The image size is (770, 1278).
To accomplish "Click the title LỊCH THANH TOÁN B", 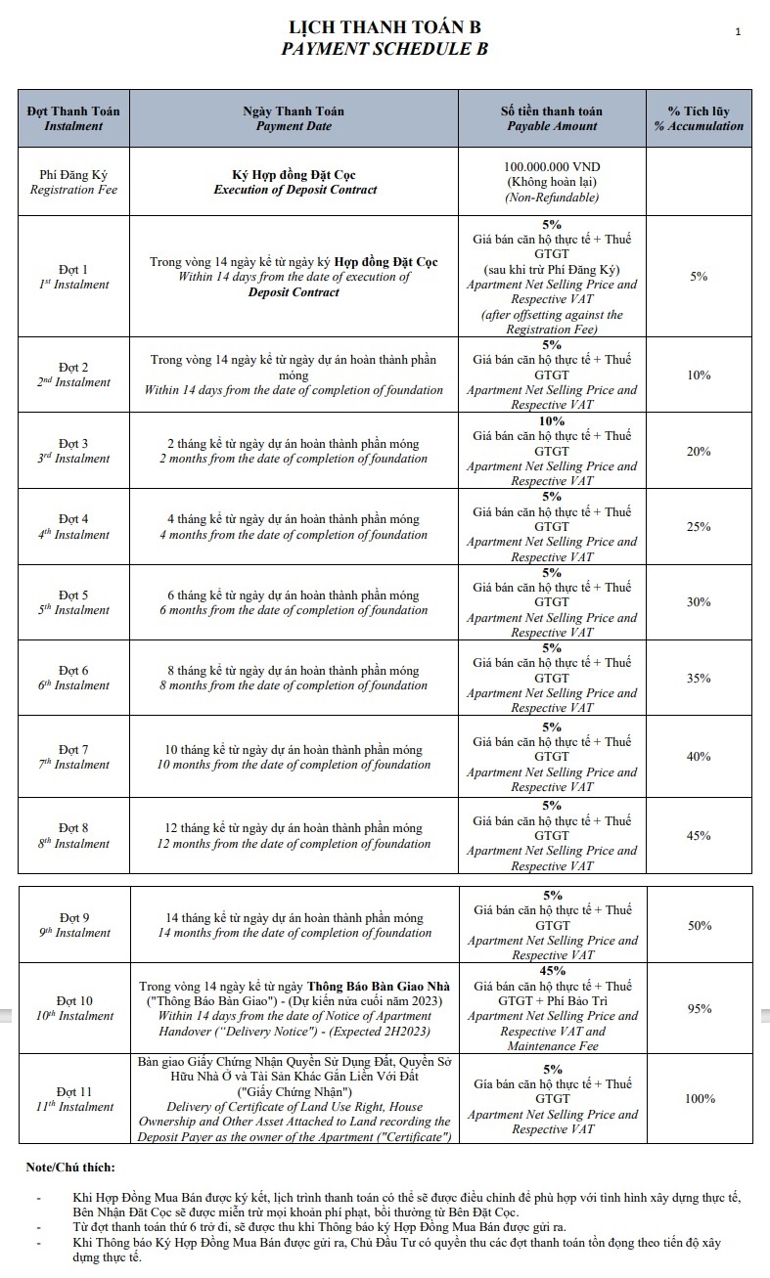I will (385, 27).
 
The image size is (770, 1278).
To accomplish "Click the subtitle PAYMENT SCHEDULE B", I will (385, 48).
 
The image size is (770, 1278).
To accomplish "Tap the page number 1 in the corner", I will (738, 32).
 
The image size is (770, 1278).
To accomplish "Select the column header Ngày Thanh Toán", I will (294, 111).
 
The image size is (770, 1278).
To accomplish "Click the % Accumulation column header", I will (699, 126).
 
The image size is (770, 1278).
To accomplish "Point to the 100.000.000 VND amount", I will (552, 167).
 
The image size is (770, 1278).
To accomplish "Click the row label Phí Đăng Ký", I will (73, 174).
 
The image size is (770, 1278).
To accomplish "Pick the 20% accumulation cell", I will (699, 451).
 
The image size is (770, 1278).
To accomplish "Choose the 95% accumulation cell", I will (699, 1008).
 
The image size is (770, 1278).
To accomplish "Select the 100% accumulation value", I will (700, 1098).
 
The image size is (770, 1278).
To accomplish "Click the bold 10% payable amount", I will (552, 421).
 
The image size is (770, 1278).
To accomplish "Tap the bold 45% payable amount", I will (552, 971).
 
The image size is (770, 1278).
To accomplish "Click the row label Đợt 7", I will (73, 749).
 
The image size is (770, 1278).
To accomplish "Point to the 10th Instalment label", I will (74, 1016).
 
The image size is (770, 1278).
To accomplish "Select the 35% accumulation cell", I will (699, 678).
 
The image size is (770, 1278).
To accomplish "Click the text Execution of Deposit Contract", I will (294, 190).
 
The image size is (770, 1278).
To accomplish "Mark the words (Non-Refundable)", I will (552, 198).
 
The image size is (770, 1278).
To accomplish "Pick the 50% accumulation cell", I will (699, 925).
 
